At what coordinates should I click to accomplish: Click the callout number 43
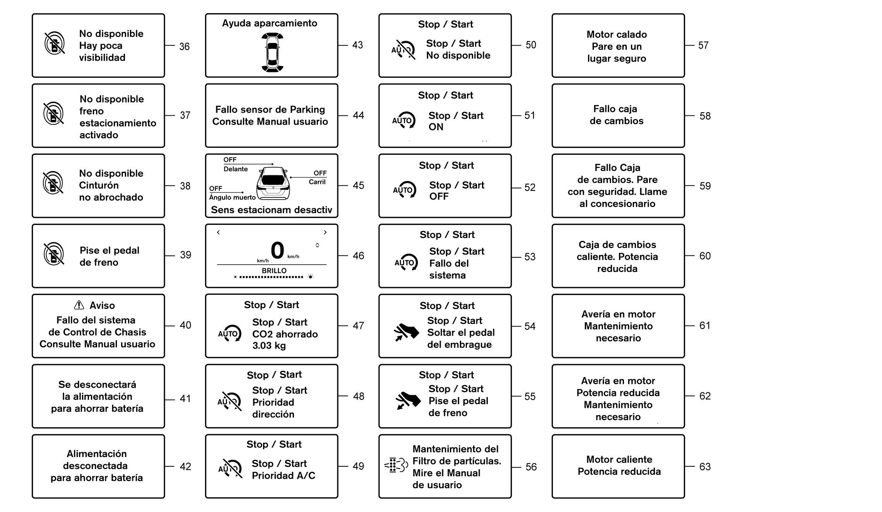357,45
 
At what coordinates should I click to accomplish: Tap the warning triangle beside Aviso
79,305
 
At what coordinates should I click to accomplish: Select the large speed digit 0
277,250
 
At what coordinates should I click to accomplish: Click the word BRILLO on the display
274,271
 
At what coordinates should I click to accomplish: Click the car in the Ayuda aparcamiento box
272,52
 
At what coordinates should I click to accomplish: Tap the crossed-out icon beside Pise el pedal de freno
54,254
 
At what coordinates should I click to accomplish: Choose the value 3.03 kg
269,346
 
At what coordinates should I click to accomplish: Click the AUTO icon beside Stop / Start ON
403,120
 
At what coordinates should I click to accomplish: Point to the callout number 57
703,46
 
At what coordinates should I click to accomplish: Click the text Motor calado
617,34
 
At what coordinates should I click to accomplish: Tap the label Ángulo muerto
232,197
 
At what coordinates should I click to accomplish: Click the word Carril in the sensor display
317,182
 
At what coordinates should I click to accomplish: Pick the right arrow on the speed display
325,232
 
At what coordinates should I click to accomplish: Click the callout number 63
705,467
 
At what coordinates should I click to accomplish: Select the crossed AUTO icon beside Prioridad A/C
230,469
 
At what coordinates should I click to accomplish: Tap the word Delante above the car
236,169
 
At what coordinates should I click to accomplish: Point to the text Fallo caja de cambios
617,115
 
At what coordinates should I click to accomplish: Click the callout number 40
185,325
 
